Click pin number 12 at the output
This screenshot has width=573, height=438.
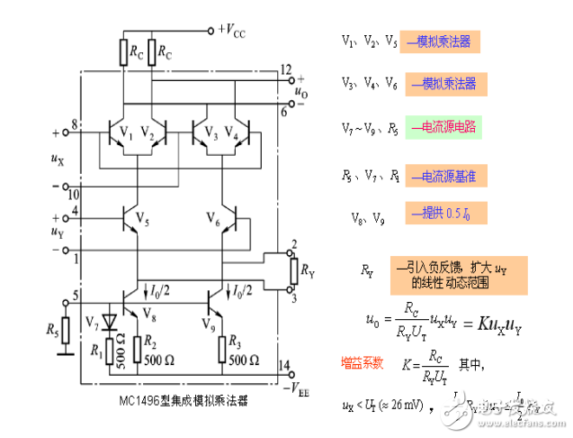(x=285, y=68)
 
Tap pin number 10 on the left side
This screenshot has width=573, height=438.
(x=74, y=195)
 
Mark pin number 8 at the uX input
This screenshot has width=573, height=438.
(x=75, y=123)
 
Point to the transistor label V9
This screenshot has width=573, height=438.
(x=210, y=322)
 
